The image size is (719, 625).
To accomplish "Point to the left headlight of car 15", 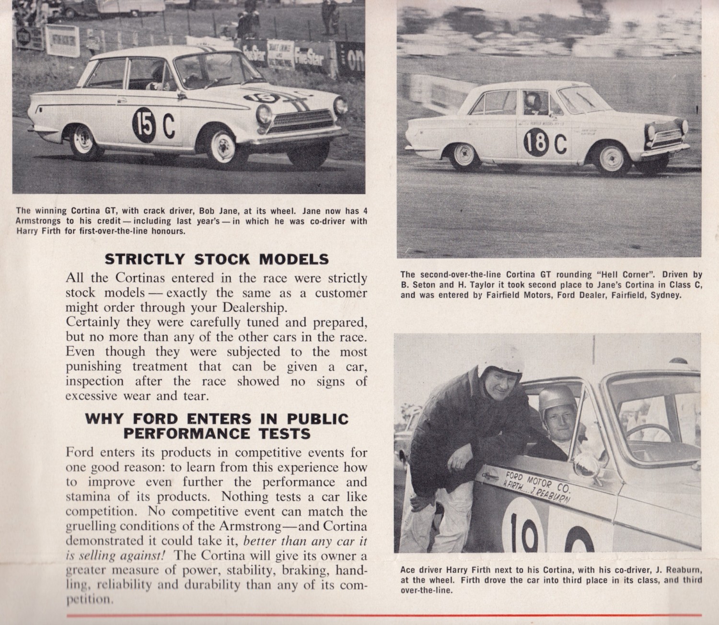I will pyautogui.click(x=264, y=114).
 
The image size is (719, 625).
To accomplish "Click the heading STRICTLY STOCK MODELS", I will pyautogui.click(x=217, y=259).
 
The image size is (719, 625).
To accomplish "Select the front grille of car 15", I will pyautogui.click(x=301, y=122).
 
